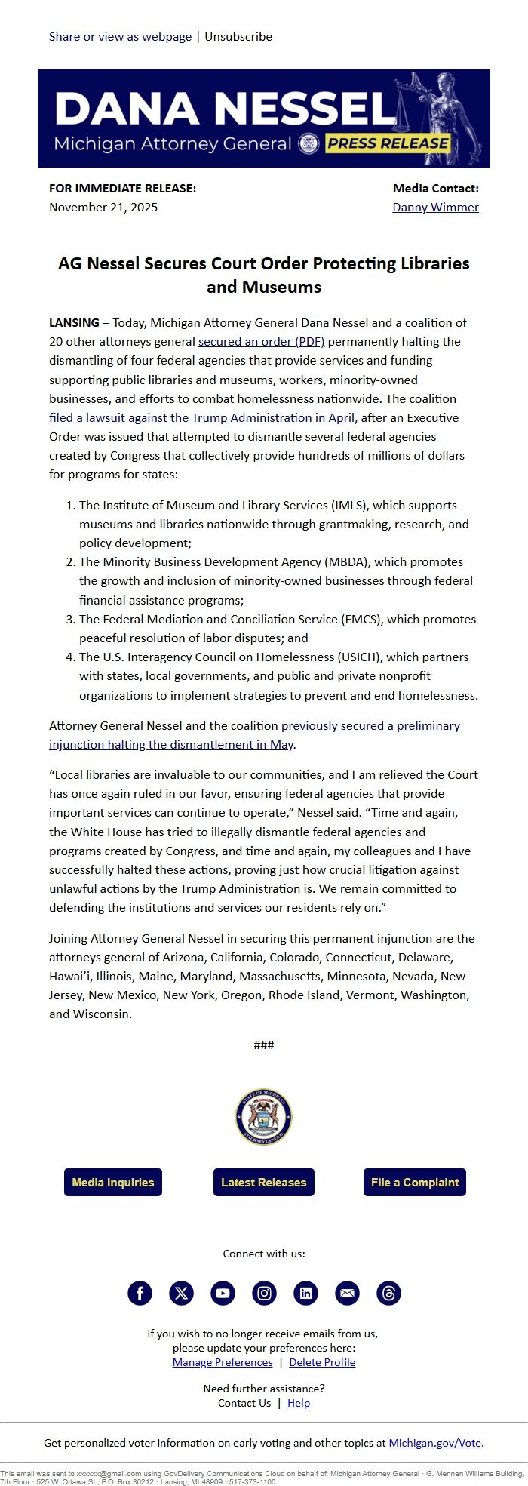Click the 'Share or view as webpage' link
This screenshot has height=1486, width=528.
tap(120, 36)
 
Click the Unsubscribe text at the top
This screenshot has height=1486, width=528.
tap(238, 36)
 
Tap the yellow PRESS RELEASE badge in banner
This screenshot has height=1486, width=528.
tap(388, 143)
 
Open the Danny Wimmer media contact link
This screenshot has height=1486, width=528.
tap(435, 207)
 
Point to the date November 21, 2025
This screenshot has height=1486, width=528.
tap(103, 207)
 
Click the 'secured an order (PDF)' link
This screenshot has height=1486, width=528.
tap(261, 341)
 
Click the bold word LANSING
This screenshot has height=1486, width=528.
tap(74, 322)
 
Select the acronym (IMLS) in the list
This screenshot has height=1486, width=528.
tap(345, 505)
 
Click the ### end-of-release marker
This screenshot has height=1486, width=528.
tap(264, 1045)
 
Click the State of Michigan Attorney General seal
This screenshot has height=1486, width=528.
tap(264, 1117)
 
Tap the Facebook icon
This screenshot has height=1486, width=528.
tap(140, 1293)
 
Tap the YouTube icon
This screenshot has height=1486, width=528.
tap(223, 1293)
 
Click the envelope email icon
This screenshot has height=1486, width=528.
tap(347, 1293)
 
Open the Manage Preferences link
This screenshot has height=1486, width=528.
tap(223, 1361)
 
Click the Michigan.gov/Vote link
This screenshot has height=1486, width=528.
tap(434, 1442)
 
